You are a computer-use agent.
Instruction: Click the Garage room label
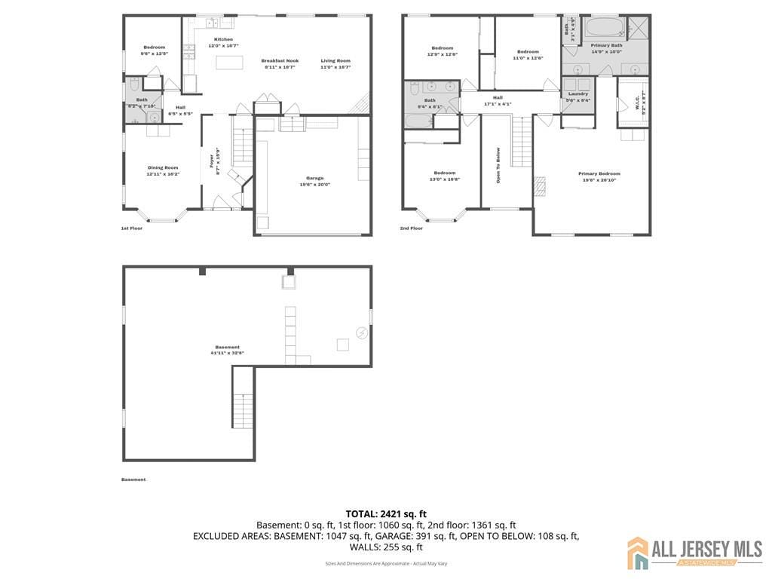(314, 178)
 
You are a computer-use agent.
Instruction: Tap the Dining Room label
(162, 167)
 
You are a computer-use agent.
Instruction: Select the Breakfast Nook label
(280, 60)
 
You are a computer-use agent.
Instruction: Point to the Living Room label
(335, 60)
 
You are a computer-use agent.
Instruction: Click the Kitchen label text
(223, 39)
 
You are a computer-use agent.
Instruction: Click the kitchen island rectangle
(229, 62)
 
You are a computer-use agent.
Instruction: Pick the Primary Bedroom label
(599, 174)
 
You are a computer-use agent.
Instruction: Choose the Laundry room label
(578, 93)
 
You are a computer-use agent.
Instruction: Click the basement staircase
(243, 411)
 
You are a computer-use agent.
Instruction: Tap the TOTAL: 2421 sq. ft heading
(386, 514)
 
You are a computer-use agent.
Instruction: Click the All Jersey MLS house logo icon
(638, 553)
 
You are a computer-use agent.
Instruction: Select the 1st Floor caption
(132, 228)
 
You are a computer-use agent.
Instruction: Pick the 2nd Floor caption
(411, 228)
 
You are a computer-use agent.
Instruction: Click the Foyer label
(212, 160)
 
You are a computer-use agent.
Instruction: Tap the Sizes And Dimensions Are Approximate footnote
(386, 563)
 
